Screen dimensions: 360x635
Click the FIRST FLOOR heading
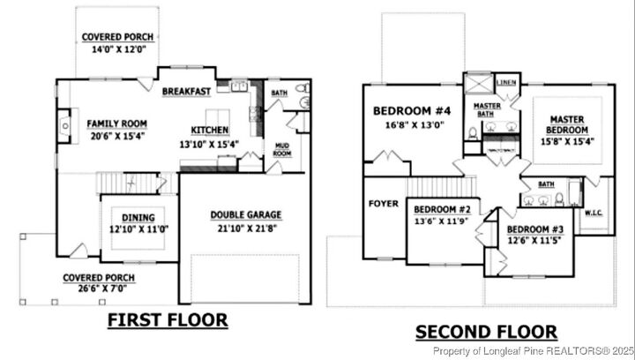pos(168,319)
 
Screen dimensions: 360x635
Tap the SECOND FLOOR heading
pos(486,332)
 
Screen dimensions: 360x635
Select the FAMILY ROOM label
pos(116,124)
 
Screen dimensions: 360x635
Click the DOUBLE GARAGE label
pos(246,214)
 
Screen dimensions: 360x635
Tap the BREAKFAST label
pos(186,91)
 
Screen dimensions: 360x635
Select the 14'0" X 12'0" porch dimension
pos(117,50)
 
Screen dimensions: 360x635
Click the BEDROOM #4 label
pos(412,111)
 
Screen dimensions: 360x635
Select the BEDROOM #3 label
pos(535,229)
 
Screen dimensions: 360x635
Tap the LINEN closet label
pos(506,82)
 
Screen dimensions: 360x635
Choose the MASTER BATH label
pos(488,109)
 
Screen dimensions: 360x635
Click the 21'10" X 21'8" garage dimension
pos(246,229)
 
